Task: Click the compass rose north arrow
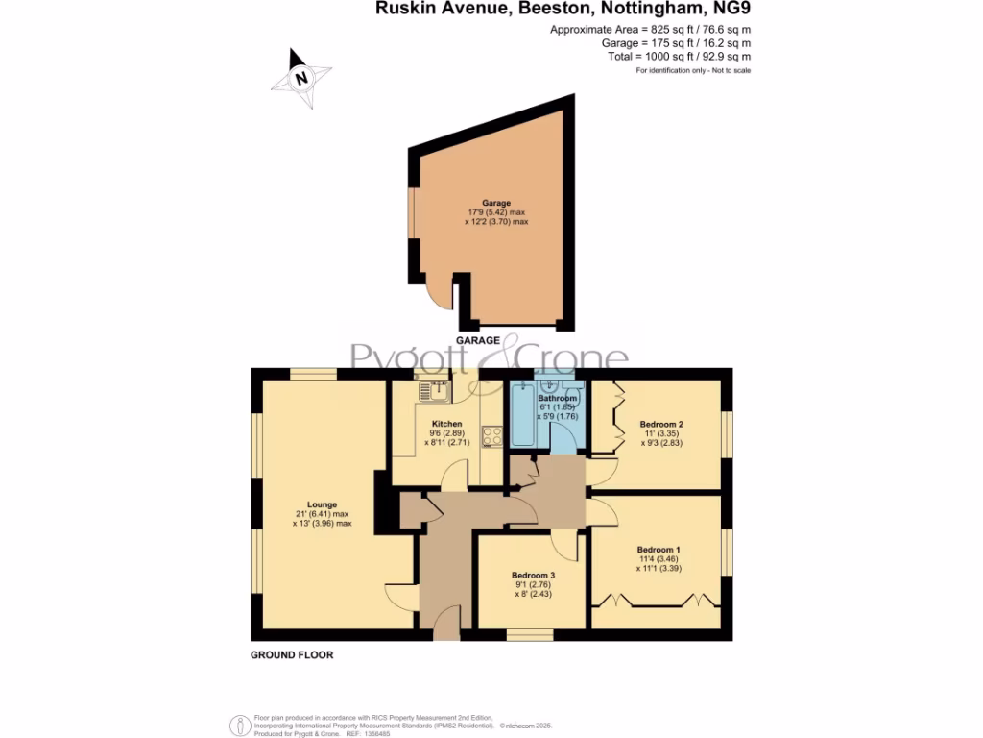[x=301, y=78]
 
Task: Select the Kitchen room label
[x=447, y=424]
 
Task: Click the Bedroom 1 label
[x=659, y=550]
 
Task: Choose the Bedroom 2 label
[x=661, y=424]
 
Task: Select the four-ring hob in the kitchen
[x=492, y=436]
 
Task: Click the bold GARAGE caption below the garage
[x=478, y=340]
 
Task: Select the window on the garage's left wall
[x=414, y=211]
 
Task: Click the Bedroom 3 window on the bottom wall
[x=531, y=633]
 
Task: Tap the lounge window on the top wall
[x=313, y=375]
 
